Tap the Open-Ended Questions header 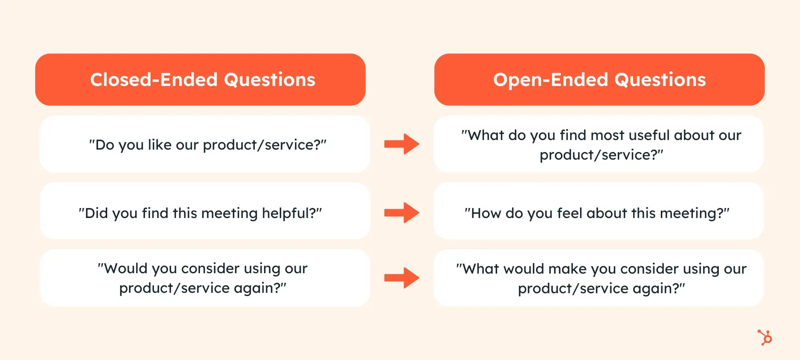(x=599, y=80)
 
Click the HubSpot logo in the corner (x=765, y=337)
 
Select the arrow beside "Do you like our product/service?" (x=402, y=144)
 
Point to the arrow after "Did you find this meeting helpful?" (x=402, y=212)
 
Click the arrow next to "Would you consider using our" (x=402, y=278)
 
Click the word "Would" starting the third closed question (x=126, y=268)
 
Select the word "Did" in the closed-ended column (x=96, y=213)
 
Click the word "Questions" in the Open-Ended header (x=660, y=80)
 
